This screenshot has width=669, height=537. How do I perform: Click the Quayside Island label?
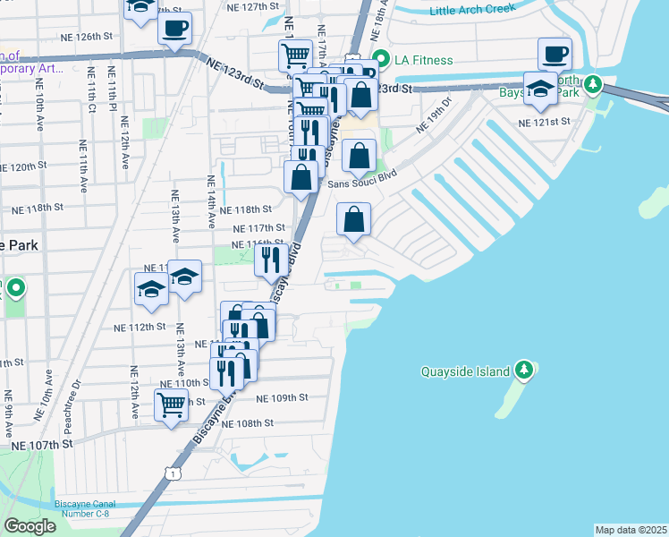(465, 371)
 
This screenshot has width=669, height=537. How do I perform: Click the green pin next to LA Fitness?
(380, 61)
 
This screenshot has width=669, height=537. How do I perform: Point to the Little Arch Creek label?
(472, 11)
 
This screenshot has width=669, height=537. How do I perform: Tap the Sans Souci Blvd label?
(360, 183)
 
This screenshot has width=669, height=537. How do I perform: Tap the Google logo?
(30, 525)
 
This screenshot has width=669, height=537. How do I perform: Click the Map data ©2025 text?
(631, 530)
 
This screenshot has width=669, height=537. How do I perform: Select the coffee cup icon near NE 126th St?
(174, 27)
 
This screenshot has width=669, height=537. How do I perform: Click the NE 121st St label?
(545, 122)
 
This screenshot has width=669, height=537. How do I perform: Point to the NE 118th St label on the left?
(39, 207)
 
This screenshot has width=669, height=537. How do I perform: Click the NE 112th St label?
(141, 328)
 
